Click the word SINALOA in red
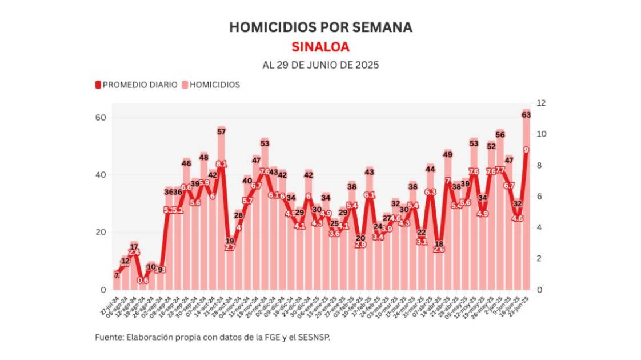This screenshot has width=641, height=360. [320, 46]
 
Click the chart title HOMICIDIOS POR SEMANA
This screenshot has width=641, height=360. [320, 27]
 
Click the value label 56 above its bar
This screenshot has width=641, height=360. [500, 134]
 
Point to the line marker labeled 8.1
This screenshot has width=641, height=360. [221, 163]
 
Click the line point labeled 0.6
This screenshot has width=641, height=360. [143, 280]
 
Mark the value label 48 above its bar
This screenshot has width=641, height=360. [204, 157]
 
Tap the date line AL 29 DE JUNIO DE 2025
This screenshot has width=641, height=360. [320, 65]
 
